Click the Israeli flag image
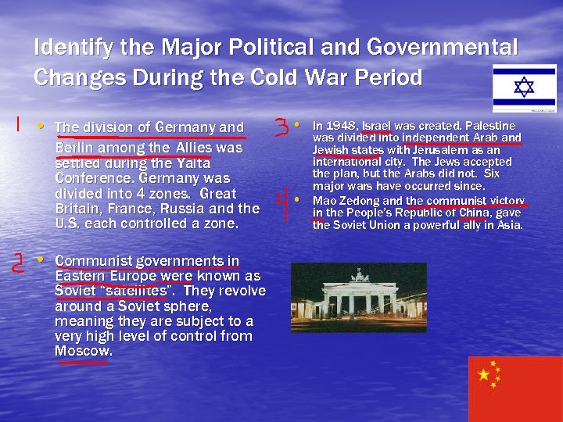point(524,88)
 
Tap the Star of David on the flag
point(524,88)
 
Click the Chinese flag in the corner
point(515,388)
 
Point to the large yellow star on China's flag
point(484,375)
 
